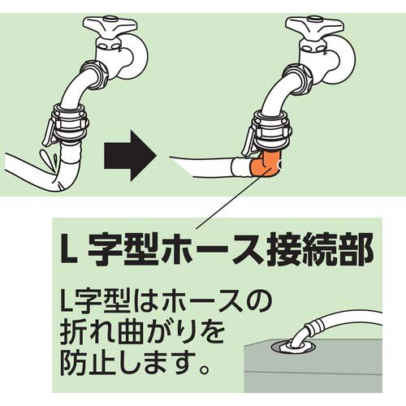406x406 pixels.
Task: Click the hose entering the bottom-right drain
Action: coord(341,323)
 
